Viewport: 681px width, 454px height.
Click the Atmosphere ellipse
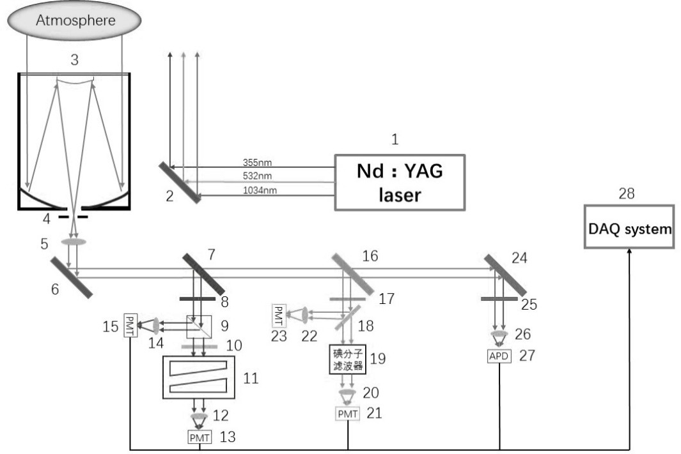(x=74, y=20)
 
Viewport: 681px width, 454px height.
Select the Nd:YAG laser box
(x=400, y=183)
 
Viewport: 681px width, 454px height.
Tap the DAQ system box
(x=629, y=227)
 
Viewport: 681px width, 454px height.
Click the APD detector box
(x=499, y=356)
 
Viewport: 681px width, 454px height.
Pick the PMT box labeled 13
(x=200, y=437)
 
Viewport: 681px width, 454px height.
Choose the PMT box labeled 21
(x=347, y=414)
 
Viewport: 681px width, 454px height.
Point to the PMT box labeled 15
(x=130, y=325)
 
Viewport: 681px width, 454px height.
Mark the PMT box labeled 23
(x=279, y=315)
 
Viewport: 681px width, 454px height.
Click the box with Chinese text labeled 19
(x=347, y=359)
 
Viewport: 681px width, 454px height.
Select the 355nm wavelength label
(x=257, y=163)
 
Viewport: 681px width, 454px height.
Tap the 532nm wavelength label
(x=257, y=176)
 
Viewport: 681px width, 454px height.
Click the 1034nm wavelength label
(x=260, y=190)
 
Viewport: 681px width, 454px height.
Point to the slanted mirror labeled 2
(x=180, y=183)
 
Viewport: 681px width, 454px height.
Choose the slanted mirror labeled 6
(x=72, y=278)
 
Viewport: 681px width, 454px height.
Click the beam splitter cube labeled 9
(x=199, y=327)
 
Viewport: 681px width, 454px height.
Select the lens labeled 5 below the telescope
(x=74, y=242)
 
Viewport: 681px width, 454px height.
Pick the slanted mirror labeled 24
(x=505, y=275)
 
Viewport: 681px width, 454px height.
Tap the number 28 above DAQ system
(x=626, y=193)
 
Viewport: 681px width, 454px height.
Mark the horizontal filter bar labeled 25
(x=499, y=299)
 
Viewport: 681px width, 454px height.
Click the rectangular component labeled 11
(x=198, y=377)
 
